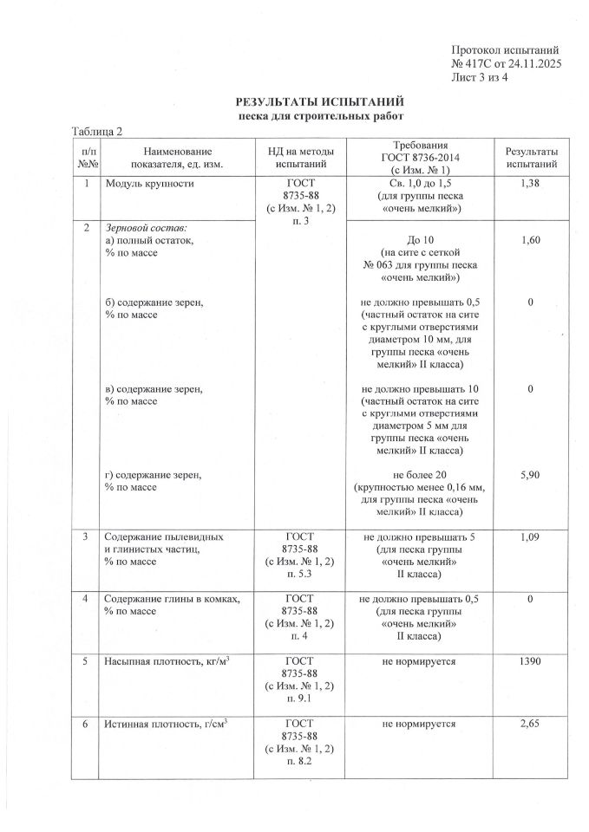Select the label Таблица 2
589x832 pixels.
point(97,131)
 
